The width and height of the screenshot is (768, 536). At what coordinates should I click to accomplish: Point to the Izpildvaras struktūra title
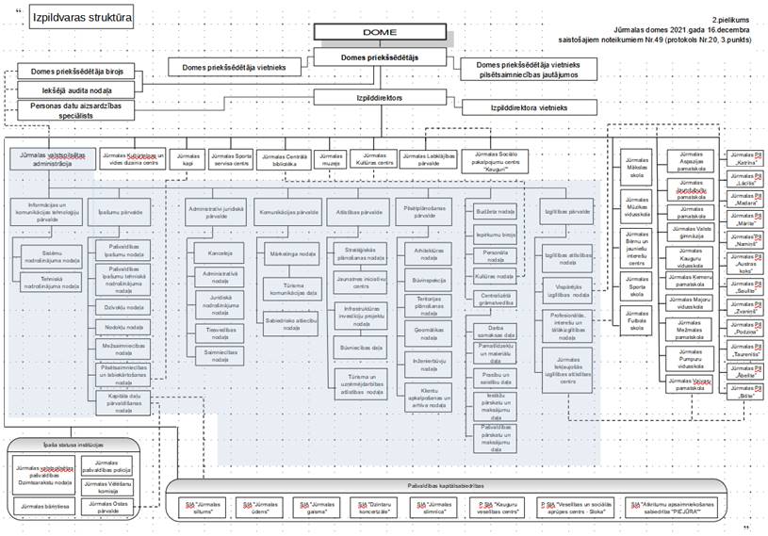point(81,18)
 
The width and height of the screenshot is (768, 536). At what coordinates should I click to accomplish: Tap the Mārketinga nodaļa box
point(293,253)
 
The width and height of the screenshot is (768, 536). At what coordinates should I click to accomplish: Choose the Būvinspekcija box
point(429,279)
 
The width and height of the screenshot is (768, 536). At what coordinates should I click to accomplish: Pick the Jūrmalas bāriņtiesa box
point(44,506)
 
